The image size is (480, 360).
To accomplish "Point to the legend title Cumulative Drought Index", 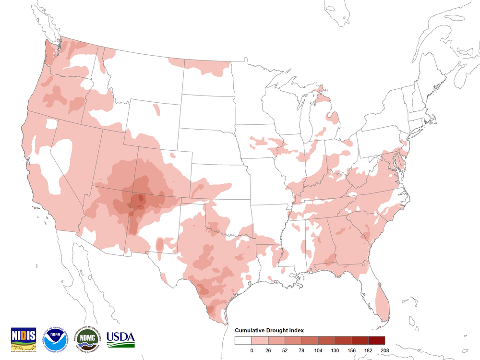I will (269, 331).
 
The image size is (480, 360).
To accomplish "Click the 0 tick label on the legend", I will (252, 350).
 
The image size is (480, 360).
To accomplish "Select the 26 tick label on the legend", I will (268, 350).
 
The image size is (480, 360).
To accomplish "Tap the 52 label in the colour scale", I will (285, 350).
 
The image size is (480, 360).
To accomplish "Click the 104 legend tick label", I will (318, 350).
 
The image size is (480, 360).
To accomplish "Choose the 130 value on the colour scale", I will (335, 350).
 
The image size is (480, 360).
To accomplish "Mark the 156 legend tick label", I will (351, 350).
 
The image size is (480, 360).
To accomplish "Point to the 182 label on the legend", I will (368, 350).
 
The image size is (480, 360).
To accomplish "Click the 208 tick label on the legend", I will (384, 350).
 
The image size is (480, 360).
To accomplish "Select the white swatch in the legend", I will (243, 341).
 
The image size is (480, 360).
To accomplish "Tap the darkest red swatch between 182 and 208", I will (377, 341).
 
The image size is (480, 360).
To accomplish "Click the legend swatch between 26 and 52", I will (276, 341).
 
